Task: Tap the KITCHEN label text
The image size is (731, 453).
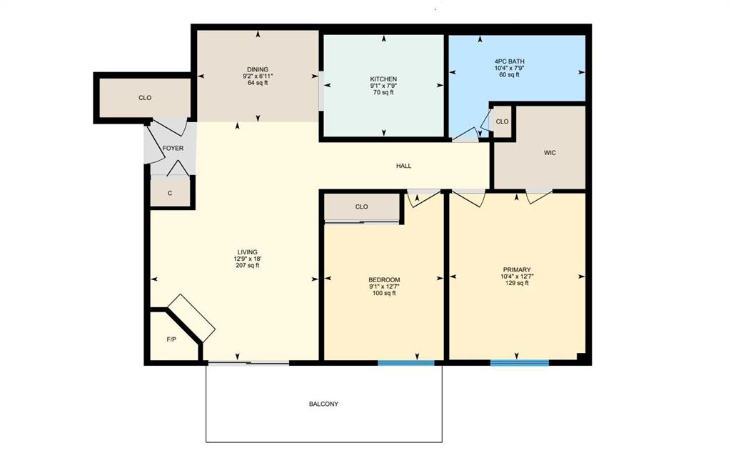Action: tap(383, 79)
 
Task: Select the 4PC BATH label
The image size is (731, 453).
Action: tap(509, 61)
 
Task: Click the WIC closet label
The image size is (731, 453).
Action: tap(550, 152)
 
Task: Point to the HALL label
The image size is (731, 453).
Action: tap(404, 166)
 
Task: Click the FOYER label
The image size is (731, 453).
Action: tap(173, 149)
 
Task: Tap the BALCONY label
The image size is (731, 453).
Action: tap(323, 404)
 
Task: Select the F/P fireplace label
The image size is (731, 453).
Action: tap(171, 339)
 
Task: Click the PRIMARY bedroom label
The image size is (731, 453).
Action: tap(516, 269)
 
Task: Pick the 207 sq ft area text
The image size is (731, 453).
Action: tap(248, 265)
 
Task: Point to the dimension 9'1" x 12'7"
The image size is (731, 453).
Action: tap(384, 287)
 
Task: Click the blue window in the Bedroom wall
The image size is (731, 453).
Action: tap(405, 363)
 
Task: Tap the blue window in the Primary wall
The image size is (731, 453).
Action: tap(519, 363)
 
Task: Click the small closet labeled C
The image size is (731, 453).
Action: tap(170, 193)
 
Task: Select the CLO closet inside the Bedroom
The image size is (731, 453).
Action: tap(361, 207)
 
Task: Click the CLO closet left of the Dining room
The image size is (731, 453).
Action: tap(144, 98)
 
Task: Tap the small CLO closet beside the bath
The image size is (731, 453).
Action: tap(502, 121)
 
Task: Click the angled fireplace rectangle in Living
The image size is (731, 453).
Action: tap(191, 317)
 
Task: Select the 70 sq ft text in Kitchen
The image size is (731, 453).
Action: tap(383, 92)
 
